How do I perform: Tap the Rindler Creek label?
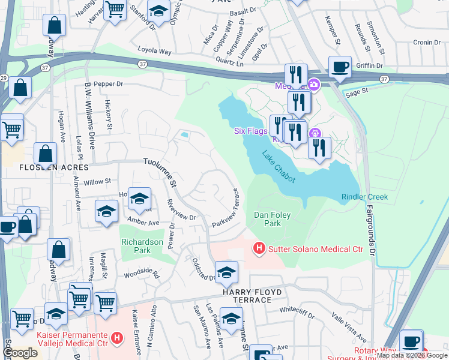pos(364,197)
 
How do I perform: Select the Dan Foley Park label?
pos(268,219)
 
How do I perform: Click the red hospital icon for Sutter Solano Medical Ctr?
pos(259,247)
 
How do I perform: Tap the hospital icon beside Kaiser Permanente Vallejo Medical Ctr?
pos(118,338)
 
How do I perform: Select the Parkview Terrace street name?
pos(228,208)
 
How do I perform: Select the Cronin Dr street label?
pos(427,43)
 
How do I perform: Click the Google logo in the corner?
pos(20,353)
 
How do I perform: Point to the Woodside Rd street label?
pos(142,275)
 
